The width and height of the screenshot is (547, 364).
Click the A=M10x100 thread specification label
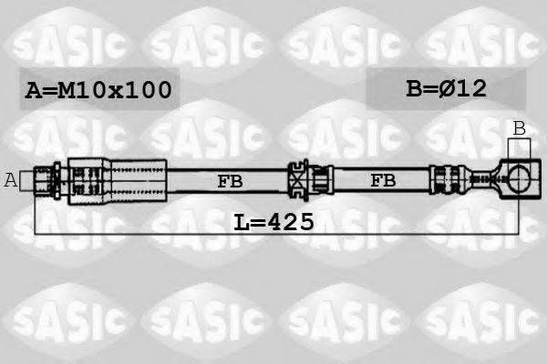coord(98,90)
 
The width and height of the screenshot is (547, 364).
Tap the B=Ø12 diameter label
coord(447,88)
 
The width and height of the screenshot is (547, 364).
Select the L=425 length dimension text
coord(273,221)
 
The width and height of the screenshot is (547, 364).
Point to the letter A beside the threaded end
coord(11,179)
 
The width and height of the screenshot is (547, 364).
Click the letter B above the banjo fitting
coord(519,128)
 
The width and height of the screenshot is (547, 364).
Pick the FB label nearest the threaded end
coord(231,181)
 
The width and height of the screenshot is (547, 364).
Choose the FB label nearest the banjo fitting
coord(383,181)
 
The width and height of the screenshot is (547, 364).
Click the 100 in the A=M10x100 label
coord(150,90)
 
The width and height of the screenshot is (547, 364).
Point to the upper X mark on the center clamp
coord(297,168)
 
